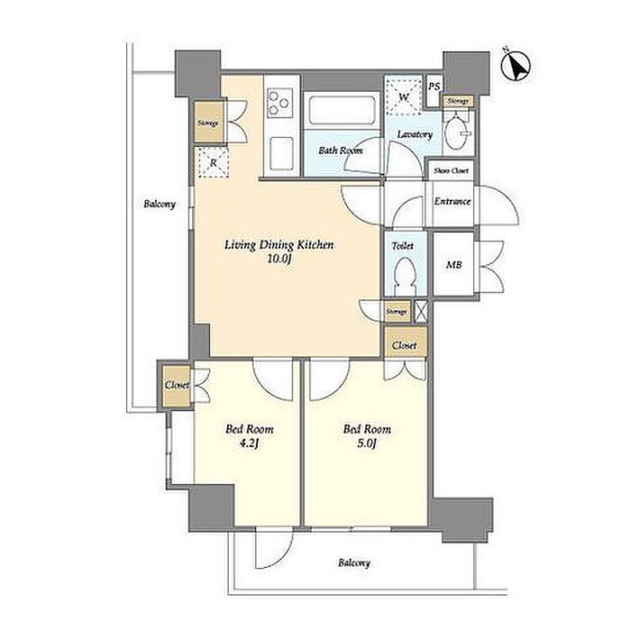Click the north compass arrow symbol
point(517,66)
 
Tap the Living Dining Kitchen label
point(279,244)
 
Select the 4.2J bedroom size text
point(250,444)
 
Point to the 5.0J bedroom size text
point(367,444)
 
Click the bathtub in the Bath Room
point(342,110)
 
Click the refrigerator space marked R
point(214,162)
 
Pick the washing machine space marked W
point(404,96)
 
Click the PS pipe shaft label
point(434,87)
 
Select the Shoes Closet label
point(451,170)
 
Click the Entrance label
point(453,201)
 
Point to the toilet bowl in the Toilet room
point(405,276)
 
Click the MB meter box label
point(454,265)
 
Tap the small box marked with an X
point(420,312)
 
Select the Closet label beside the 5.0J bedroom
point(405,345)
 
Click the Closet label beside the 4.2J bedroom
point(178,385)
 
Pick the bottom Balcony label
point(354,562)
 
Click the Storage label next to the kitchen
point(208,123)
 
